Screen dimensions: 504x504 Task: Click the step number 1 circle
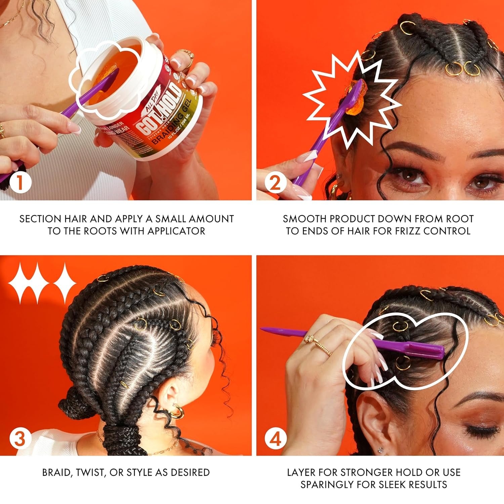click(x=20, y=183)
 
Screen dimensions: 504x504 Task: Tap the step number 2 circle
click(x=275, y=183)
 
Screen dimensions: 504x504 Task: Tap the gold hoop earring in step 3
click(x=176, y=412)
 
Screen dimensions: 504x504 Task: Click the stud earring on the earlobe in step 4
click(x=381, y=450)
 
